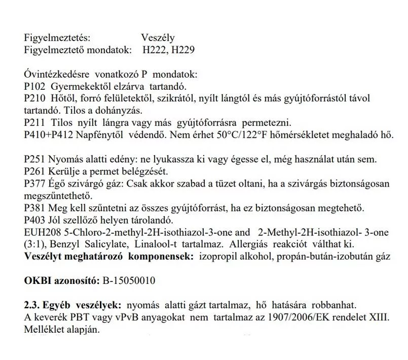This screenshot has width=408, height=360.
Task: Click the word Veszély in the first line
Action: tap(158, 39)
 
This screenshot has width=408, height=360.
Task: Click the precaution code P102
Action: tap(34, 86)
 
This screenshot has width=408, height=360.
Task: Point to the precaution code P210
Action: tap(34, 98)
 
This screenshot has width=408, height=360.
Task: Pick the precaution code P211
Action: tap(34, 122)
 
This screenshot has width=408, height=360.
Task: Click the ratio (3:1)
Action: tap(35, 244)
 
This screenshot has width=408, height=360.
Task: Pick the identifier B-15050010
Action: tap(129, 281)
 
